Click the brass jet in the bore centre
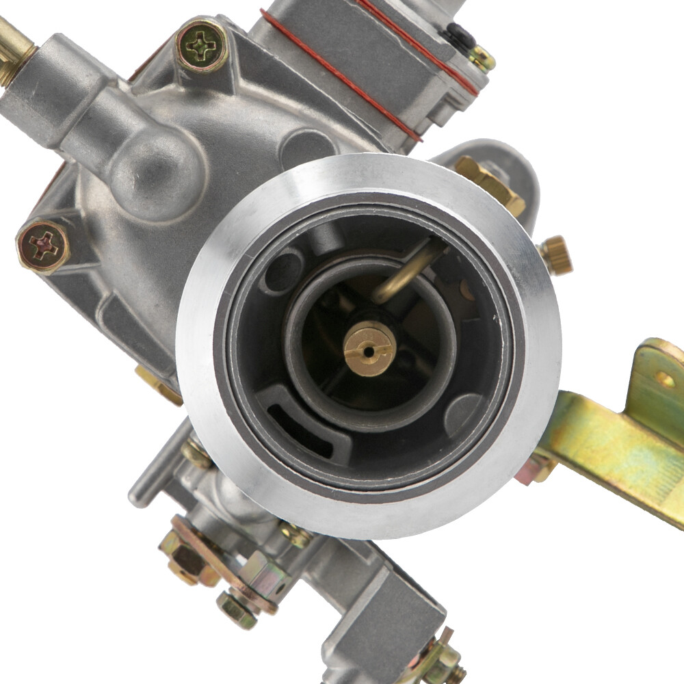click(x=369, y=349)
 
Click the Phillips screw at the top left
click(x=202, y=46)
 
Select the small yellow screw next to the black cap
click(x=482, y=57)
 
